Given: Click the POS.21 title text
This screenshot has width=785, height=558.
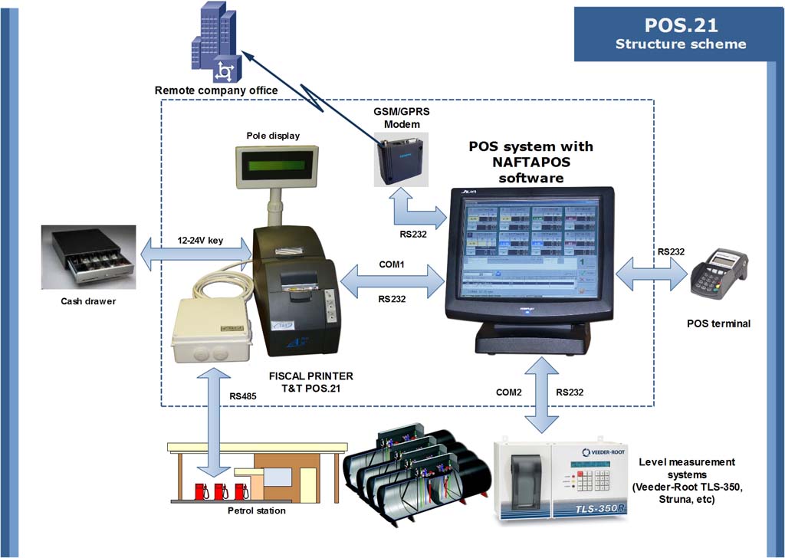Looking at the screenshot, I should (x=681, y=25).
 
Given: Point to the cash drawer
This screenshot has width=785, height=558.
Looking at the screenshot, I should (x=89, y=257).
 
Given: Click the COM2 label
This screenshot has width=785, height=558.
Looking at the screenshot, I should (x=509, y=392).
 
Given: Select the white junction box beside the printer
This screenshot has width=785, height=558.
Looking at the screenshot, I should (x=212, y=330).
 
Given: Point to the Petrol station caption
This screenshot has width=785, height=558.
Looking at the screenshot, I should (x=257, y=510).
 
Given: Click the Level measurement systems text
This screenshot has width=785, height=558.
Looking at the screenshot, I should (x=686, y=481).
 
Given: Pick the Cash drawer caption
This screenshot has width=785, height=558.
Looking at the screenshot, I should (x=88, y=301).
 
